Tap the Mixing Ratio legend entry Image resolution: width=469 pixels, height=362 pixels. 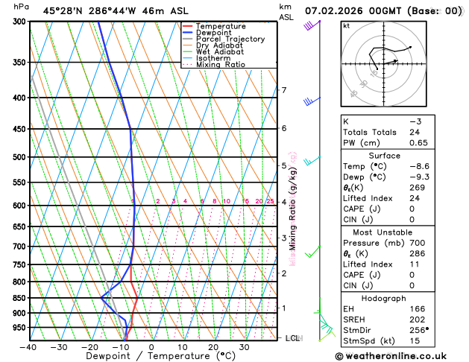click(220, 65)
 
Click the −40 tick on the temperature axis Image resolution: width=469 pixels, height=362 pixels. click(29, 347)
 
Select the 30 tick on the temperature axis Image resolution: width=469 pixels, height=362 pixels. click(244, 347)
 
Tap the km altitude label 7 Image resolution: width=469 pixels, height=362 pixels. click(284, 91)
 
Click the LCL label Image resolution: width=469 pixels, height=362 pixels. click(293, 338)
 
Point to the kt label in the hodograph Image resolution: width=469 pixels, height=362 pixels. click(347, 26)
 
